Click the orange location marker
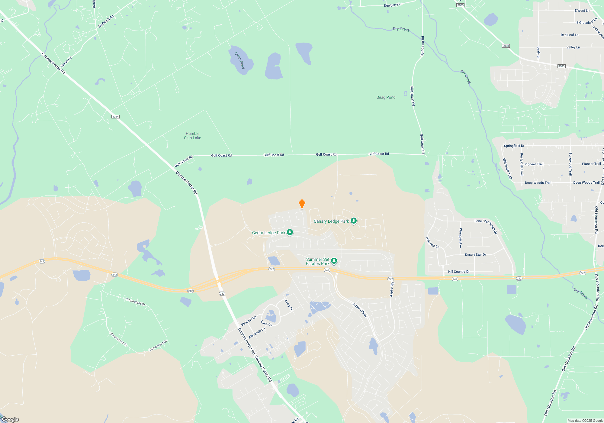pyautogui.click(x=302, y=204)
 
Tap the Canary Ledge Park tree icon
pyautogui.click(x=353, y=221)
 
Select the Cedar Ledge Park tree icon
pyautogui.click(x=290, y=232)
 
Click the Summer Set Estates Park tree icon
pyautogui.click(x=334, y=261)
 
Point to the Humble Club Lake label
pyautogui.click(x=192, y=136)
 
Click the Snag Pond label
pyautogui.click(x=386, y=97)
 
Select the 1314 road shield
pyautogui.click(x=115, y=117)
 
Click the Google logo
pyautogui.click(x=10, y=419)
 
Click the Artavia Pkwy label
pyautogui.click(x=360, y=310)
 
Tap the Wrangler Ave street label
pyautogui.click(x=461, y=238)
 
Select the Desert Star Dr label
pyautogui.click(x=475, y=255)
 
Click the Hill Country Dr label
pyautogui.click(x=458, y=272)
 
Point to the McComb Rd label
pyautogui.click(x=106, y=21)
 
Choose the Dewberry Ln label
pyautogui.click(x=393, y=5)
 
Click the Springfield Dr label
pyautogui.click(x=514, y=146)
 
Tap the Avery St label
pyautogui.click(x=289, y=305)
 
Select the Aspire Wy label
pyautogui.click(x=392, y=289)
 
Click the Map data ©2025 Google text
pyautogui.click(x=585, y=421)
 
